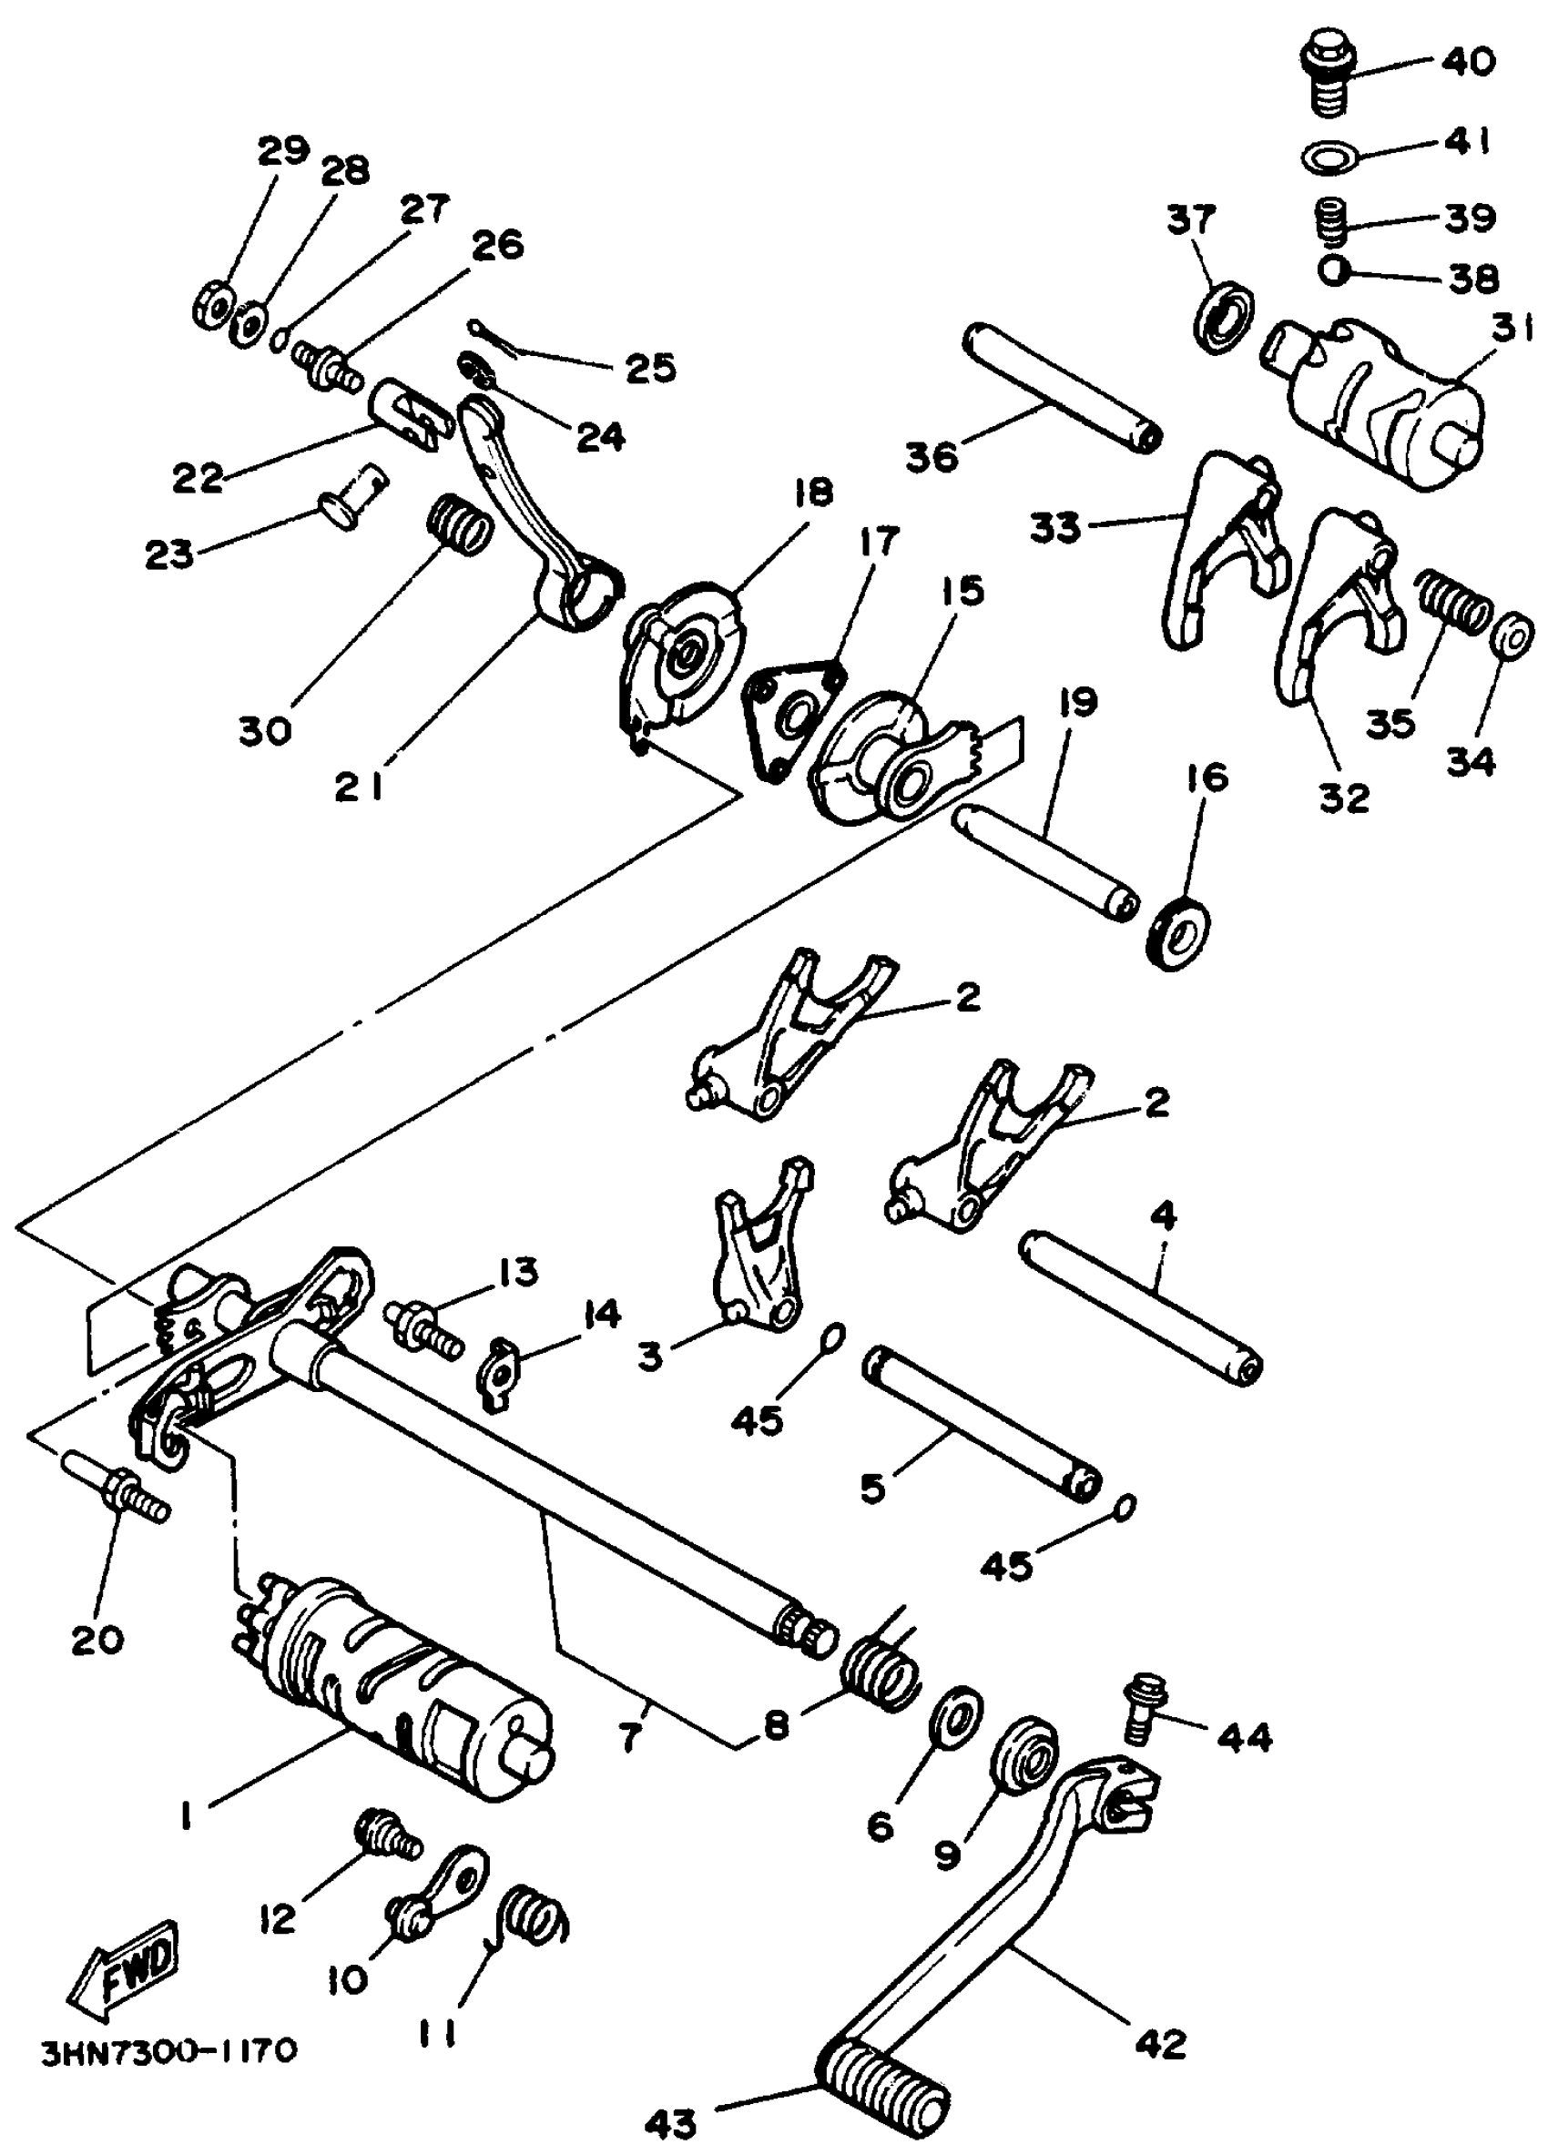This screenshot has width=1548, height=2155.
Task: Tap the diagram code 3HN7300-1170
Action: (170, 2049)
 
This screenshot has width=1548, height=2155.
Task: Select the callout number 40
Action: (1467, 62)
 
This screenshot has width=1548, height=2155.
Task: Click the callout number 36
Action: (932, 456)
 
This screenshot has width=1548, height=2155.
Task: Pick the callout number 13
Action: (518, 1272)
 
